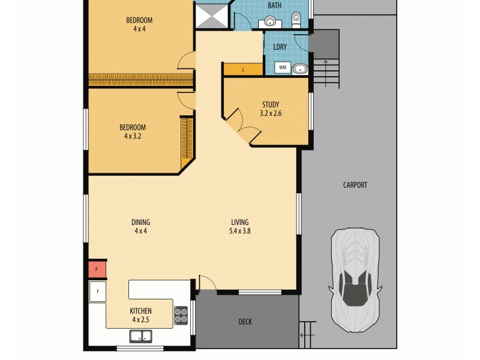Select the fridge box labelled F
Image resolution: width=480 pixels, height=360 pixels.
97,292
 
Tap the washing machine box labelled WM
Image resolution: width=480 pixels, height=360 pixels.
283,68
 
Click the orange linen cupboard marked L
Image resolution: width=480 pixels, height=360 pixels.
243,70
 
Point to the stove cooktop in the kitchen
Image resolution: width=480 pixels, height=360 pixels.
181,315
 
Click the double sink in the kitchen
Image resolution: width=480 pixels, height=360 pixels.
139,336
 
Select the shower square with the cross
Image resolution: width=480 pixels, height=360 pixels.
212,16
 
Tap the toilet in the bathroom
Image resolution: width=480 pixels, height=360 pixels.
296,20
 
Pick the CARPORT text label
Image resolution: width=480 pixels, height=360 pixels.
355,185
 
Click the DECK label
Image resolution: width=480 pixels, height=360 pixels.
245,322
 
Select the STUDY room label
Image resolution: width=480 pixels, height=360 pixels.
270,104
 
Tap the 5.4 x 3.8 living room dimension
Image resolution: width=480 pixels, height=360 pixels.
239,230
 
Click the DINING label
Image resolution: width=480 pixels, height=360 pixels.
141,222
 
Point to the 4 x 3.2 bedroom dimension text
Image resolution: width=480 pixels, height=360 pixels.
133,136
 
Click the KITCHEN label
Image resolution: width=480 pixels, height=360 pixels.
141,311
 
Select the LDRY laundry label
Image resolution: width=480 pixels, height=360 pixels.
280,46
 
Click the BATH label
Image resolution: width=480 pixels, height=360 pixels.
275,5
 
